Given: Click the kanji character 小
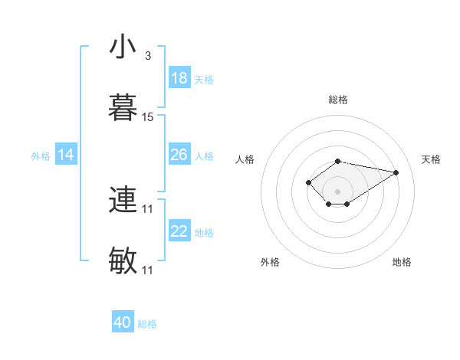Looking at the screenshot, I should point(123,47).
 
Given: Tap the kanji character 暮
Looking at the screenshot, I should point(123,108).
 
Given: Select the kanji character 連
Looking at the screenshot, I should point(123,200).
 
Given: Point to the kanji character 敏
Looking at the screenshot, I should point(123,261).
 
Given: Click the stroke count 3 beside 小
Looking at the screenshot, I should point(148,56).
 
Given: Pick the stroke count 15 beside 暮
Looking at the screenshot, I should point(148,117).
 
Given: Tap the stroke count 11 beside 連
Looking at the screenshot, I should point(148,208).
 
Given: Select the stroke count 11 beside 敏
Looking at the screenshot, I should point(148,270).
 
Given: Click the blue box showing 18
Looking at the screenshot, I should point(179,78).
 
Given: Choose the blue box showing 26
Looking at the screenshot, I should point(179,155).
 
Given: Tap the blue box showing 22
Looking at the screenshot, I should point(179,231).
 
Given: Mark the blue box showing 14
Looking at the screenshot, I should point(66,155).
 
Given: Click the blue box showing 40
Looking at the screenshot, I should point(123,322).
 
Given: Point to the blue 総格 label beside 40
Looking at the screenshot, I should point(147,324).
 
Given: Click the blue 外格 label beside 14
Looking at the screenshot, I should point(41,156).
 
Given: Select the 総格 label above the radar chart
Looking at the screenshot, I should point(338,100).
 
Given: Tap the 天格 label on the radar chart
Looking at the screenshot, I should point(431,159).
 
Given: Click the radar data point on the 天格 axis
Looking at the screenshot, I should point(396,172).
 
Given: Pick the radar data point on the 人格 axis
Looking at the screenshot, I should point(308,182).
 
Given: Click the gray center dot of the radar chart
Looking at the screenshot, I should point(338,191).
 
